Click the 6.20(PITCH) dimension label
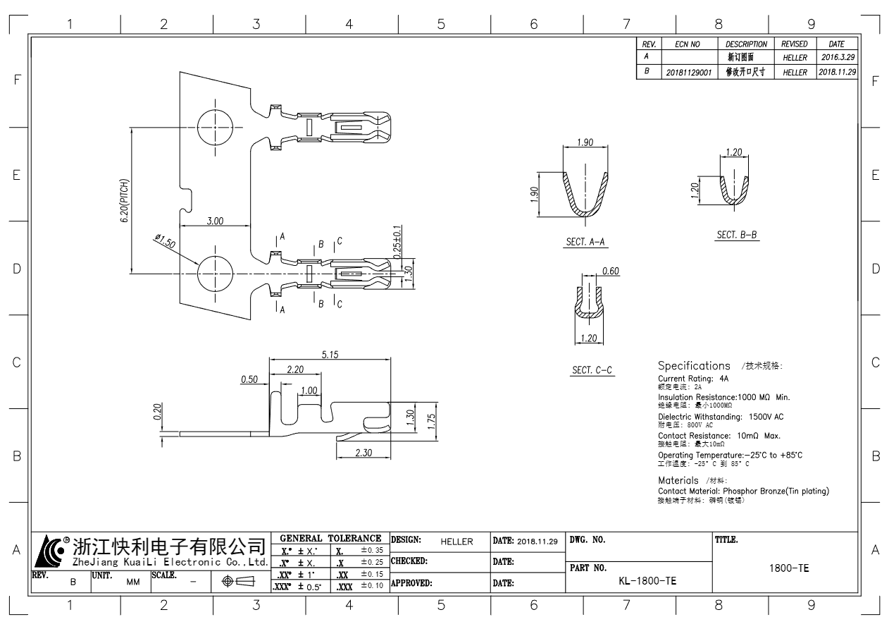coord(125,201)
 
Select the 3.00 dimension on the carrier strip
coord(215,221)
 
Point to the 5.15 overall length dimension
coord(330,355)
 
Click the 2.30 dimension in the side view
coord(363,452)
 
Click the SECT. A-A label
coord(586,242)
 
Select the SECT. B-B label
coord(737,235)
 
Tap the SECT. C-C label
coord(592,370)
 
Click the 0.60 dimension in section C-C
coord(610,271)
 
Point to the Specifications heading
coord(694,366)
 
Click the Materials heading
coord(678,480)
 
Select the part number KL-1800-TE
coord(647,581)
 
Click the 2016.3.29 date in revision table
coord(838,56)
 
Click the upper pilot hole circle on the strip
coord(214,127)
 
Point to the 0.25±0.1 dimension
coord(397,243)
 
